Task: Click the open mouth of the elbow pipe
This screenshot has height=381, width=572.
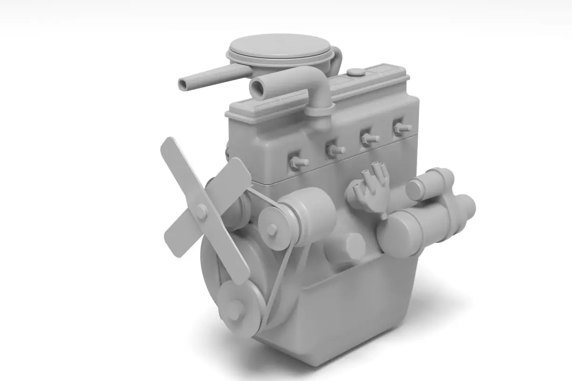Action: click(x=257, y=88)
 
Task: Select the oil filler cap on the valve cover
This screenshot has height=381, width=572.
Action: click(x=356, y=72)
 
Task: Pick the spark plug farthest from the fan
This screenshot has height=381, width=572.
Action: click(x=401, y=128)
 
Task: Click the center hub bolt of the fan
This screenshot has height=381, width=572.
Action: click(x=201, y=211)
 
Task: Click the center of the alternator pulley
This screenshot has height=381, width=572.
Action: click(x=272, y=230)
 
